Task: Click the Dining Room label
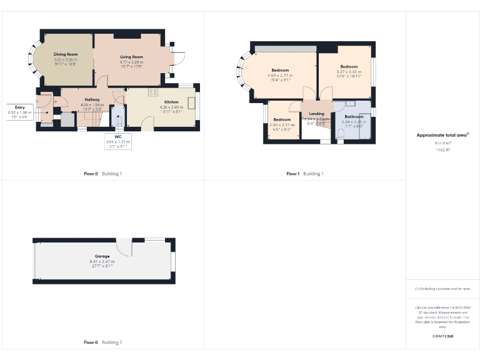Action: tap(64, 54)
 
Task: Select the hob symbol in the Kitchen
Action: tap(152, 92)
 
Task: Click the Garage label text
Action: tap(102, 256)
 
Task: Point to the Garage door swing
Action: tap(126, 248)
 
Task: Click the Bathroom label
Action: tap(353, 117)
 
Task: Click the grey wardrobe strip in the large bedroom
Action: tap(285, 49)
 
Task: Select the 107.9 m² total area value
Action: tap(442, 143)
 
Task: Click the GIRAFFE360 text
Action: tap(442, 336)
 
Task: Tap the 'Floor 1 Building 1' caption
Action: tap(305, 173)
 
